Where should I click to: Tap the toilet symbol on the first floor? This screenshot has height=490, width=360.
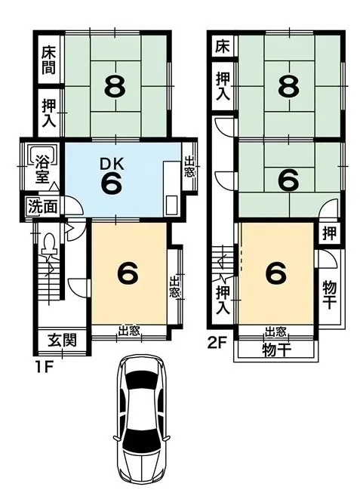point(49,245)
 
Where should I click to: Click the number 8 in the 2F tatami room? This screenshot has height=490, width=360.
point(286,88)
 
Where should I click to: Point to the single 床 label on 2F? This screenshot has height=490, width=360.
point(222,46)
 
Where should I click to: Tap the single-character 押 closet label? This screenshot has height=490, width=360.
point(331,233)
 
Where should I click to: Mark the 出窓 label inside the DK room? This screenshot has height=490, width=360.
point(189,167)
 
